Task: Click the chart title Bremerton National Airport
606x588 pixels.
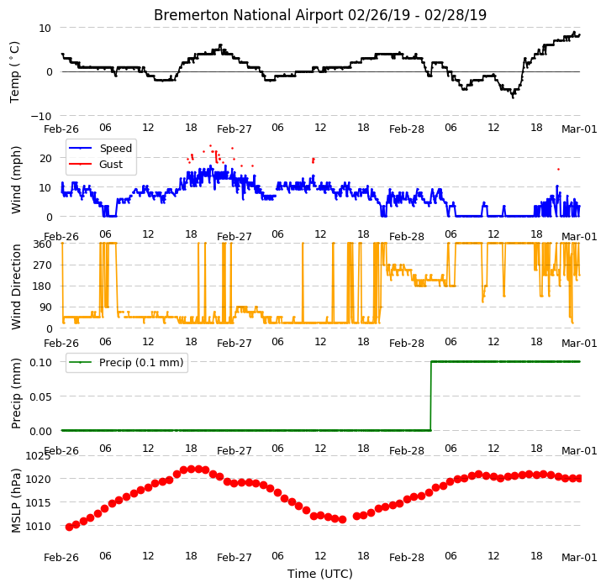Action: point(249,15)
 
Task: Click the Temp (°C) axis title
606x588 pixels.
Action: point(14,72)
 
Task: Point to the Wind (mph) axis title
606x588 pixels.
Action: point(16,180)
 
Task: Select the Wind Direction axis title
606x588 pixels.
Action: point(16,286)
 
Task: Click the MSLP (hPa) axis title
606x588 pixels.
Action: point(16,501)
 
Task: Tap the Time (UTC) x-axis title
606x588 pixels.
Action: point(320,574)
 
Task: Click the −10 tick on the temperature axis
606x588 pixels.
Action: point(40,116)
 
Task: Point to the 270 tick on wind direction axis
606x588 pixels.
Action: point(43,265)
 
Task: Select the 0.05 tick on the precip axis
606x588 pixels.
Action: point(40,396)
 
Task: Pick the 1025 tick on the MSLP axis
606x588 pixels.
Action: point(38,456)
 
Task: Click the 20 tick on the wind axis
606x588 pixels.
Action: point(45,159)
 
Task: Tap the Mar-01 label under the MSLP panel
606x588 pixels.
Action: point(579,558)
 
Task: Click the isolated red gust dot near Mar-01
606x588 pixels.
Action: point(558,169)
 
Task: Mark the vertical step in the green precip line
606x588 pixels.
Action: point(431,396)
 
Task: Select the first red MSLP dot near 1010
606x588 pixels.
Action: point(69,527)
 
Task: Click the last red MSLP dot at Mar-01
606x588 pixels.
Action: point(579,479)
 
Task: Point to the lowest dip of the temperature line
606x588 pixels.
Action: point(513,97)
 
